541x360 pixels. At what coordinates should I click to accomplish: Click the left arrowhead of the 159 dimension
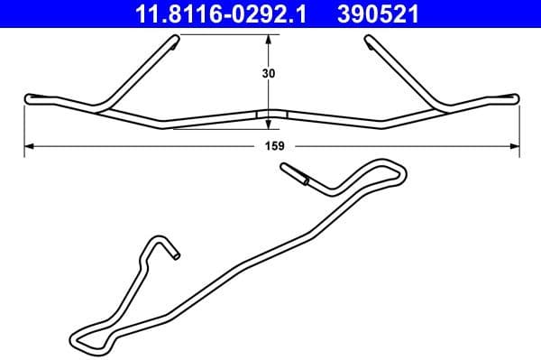pos(29,145)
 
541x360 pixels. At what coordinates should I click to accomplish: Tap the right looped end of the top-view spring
pos(513,97)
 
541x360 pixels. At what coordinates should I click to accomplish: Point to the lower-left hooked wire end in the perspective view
pos(173,254)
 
